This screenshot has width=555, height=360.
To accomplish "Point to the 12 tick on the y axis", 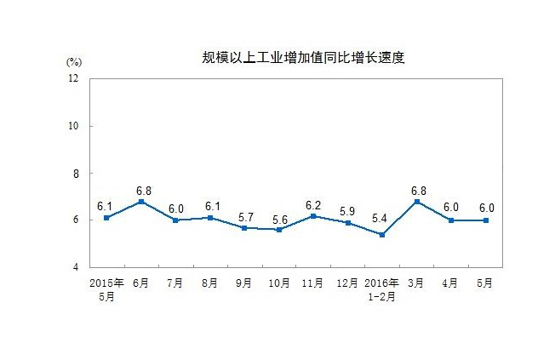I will (72, 79).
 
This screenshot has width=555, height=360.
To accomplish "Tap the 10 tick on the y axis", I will (72, 126).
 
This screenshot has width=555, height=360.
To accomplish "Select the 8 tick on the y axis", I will (75, 174).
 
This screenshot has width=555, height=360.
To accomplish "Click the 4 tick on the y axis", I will (75, 267).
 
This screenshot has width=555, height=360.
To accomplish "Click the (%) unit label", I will (73, 62).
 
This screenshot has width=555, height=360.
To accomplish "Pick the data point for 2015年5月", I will (106, 218).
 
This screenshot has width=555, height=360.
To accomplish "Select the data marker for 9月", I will (243, 227).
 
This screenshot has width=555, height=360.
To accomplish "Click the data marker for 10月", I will (277, 230).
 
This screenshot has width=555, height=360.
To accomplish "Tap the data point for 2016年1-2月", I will (380, 235).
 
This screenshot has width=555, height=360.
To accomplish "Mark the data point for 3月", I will (415, 202).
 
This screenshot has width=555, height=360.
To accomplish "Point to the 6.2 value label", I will (312, 204).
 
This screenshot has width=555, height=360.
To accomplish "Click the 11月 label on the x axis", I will (312, 283).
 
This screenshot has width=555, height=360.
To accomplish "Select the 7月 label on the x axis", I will (175, 283).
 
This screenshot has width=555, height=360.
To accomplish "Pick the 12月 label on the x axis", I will (346, 283).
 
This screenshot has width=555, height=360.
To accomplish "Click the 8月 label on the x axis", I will (209, 283).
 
